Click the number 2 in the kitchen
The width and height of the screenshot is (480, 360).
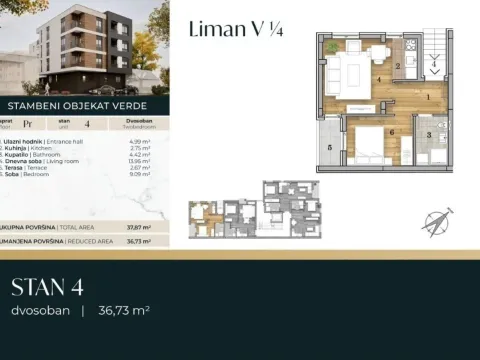[x=398, y=67]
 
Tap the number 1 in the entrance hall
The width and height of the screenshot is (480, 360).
[x=427, y=97]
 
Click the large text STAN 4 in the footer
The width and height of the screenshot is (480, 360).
[x=46, y=289]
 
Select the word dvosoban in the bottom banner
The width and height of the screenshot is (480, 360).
[x=41, y=312]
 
